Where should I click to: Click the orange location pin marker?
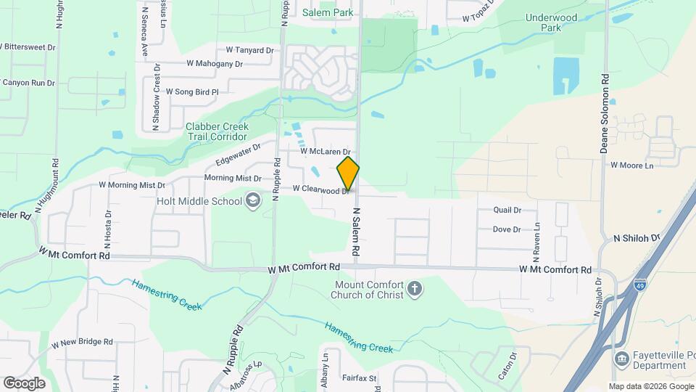pos(348,173)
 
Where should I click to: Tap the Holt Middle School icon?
pos(253,200)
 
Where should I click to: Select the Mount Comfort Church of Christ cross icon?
pos(415,290)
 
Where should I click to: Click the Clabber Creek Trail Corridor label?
pos(217,131)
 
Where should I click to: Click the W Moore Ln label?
pos(631,166)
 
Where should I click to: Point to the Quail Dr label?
pos(507,210)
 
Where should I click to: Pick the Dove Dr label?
pos(507,229)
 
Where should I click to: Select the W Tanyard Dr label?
pos(249,50)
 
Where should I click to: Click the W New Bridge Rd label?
pos(82,342)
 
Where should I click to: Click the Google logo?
pos(24,383)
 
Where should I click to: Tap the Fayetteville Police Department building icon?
pos(621,359)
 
